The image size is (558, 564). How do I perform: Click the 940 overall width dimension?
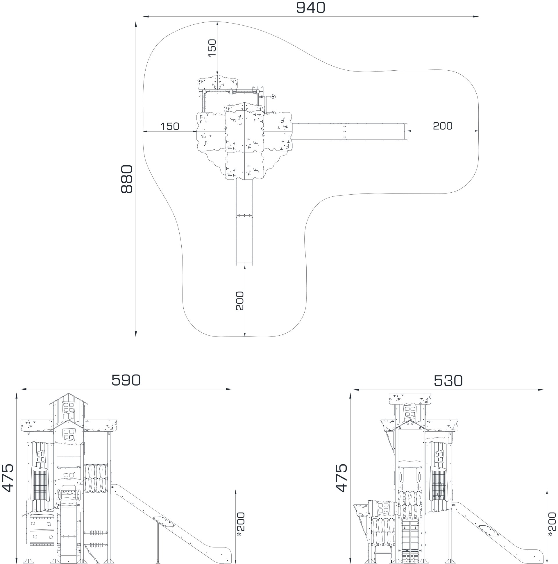310,8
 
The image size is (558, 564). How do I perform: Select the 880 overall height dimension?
127,179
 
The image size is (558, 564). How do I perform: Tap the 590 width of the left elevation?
126,380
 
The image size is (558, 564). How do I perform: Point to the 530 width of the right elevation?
448,381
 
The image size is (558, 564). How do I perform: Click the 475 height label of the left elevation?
8,478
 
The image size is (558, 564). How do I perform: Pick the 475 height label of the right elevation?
341,478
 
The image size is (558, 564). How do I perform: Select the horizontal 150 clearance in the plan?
170,126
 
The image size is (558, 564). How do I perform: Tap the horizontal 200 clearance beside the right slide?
443,126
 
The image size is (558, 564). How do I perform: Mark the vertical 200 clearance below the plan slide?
239,301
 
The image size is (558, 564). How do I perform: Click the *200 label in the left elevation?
241,524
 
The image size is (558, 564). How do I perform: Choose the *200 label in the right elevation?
552,524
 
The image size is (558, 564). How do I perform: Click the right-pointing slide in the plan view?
350,132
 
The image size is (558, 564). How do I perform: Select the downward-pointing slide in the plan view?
244,222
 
